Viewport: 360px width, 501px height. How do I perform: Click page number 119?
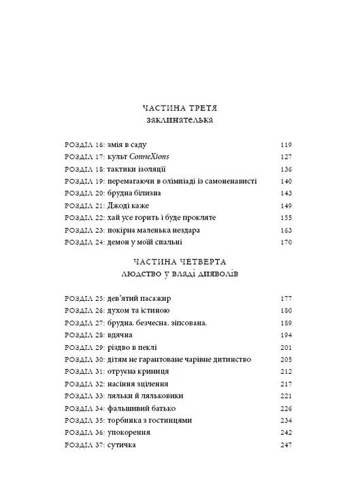(287, 145)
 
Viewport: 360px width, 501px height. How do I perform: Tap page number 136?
(287, 169)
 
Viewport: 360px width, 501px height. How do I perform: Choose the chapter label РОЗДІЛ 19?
(83, 182)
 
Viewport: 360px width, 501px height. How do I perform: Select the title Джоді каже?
(127, 206)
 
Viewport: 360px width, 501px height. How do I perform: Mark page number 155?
(287, 218)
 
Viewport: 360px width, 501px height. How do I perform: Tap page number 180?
(287, 310)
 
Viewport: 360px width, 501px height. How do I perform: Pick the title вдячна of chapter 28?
(119, 335)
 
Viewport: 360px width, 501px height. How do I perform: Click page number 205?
(287, 359)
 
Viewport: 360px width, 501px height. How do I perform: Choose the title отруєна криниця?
(137, 372)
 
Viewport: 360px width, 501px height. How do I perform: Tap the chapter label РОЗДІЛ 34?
(83, 408)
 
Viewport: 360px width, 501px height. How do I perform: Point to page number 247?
(287, 445)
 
